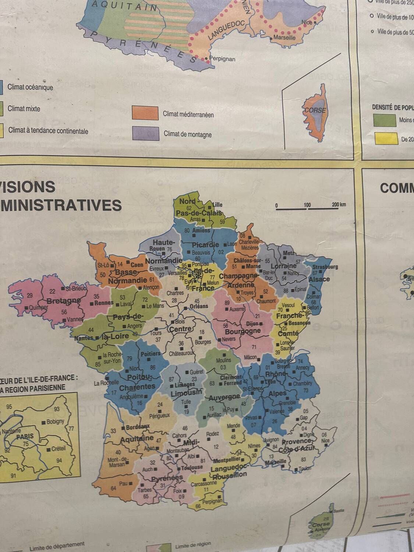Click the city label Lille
(217, 205)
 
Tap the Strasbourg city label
(325, 267)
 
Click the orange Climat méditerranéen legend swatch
(145, 113)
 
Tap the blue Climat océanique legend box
(1, 87)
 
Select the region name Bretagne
(63, 301)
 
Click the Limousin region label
(186, 393)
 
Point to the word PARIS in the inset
(25, 436)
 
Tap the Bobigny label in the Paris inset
(55, 421)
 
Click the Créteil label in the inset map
(58, 449)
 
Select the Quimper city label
(38, 307)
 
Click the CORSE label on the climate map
(315, 110)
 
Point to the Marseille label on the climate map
(284, 38)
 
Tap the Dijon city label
(252, 324)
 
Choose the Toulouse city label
(191, 467)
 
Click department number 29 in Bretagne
(30, 295)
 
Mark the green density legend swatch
(384, 120)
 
